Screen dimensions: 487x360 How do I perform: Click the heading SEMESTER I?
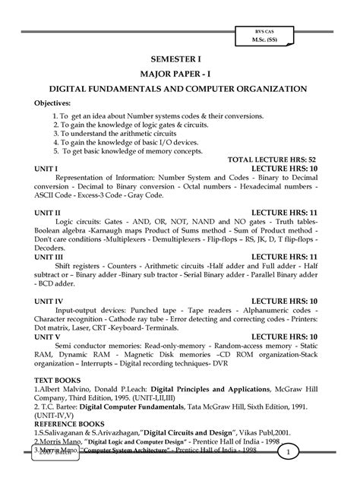pos(180,58)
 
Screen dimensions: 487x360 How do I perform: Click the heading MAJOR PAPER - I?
pos(180,73)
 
